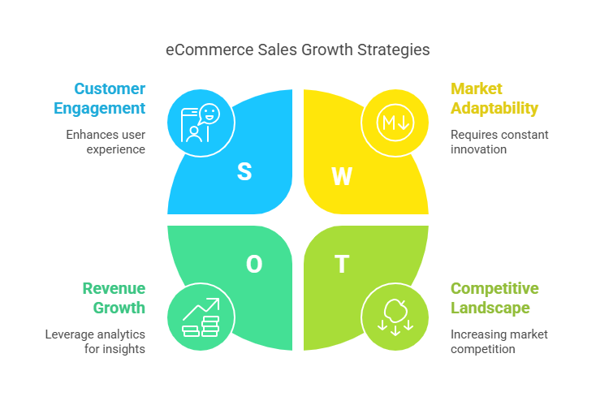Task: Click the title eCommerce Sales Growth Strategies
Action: tap(297, 50)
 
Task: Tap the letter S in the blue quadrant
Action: tap(244, 171)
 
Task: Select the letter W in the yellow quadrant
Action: tap(342, 176)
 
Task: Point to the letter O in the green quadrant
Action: tap(254, 264)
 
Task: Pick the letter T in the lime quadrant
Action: tap(342, 264)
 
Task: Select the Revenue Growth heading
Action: tap(114, 298)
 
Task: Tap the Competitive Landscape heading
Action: tap(495, 298)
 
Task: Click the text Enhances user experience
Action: tap(106, 142)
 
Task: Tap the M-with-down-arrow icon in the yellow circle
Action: tap(395, 123)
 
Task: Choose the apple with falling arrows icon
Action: tap(395, 317)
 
